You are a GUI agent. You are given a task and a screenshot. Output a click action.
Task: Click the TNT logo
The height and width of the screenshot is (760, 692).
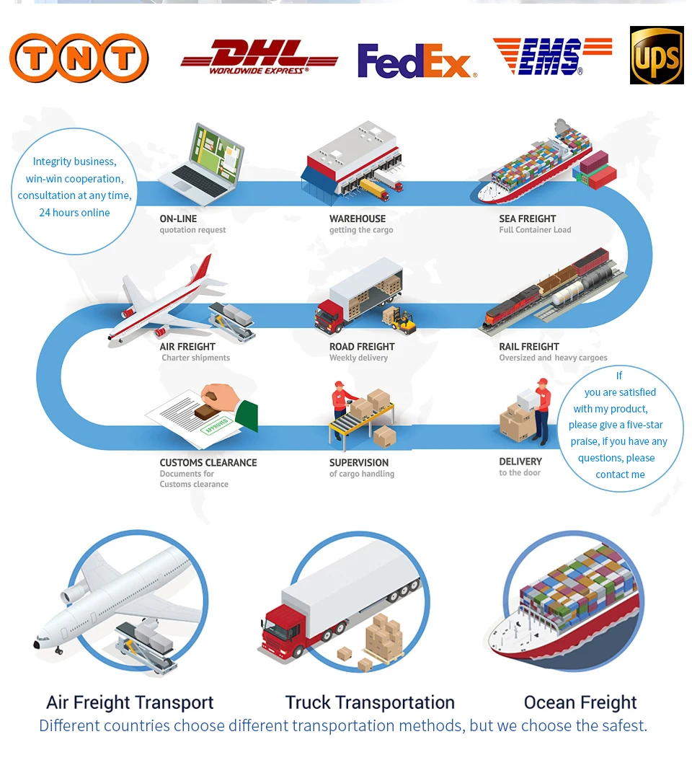[79, 58]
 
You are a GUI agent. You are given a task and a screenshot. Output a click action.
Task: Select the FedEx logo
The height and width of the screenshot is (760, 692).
[417, 61]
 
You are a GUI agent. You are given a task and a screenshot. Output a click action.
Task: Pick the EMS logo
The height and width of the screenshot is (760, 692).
[552, 57]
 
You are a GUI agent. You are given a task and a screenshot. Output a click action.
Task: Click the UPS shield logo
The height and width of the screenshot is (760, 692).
[657, 56]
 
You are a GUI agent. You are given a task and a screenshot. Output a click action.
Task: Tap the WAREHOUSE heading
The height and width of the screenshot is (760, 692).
[358, 218]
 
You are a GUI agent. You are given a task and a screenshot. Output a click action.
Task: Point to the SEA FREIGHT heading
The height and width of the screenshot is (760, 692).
[527, 218]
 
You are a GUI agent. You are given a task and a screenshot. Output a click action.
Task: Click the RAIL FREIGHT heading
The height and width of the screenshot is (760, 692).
[528, 347]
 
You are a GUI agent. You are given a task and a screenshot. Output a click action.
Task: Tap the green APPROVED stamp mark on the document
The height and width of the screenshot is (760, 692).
[217, 425]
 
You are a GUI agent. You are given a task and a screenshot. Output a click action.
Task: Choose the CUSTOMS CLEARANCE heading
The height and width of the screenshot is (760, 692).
[208, 462]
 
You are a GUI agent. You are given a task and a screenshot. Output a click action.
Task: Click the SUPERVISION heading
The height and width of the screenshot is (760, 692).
[359, 462]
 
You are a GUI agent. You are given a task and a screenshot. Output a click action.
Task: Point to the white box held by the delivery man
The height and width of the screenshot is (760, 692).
[528, 399]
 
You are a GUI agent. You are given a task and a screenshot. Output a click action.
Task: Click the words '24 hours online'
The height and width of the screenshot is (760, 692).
[75, 212]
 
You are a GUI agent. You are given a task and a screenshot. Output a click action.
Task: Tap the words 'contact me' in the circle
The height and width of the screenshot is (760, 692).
[621, 474]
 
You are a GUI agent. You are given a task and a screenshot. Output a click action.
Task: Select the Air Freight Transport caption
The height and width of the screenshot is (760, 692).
[130, 702]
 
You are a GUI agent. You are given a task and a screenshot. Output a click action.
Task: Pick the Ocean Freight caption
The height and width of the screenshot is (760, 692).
[580, 702]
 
